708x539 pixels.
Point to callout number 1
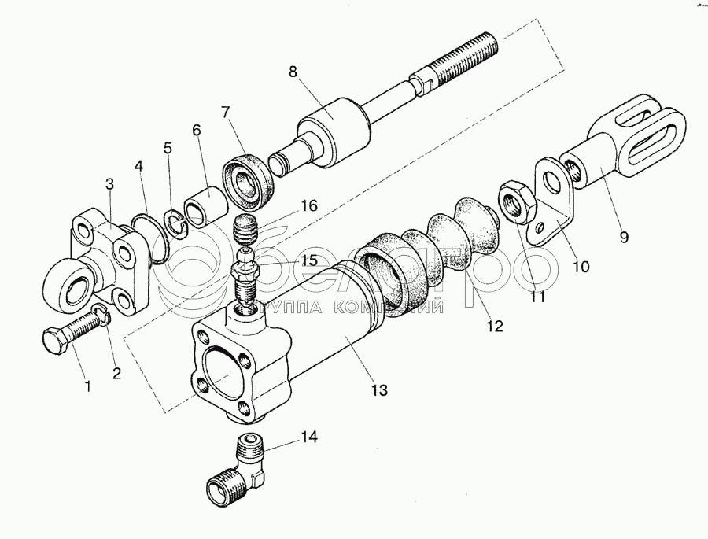click(88, 386)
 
